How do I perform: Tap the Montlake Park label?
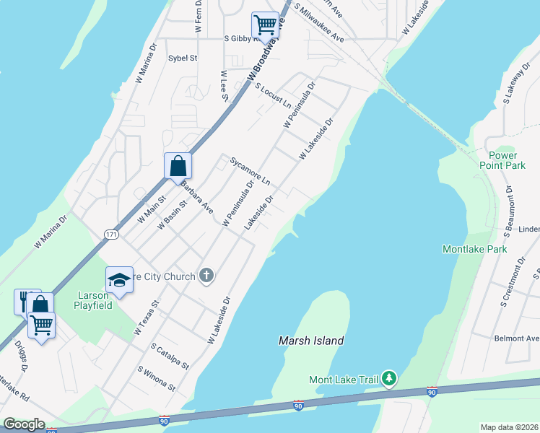pyautogui.click(x=474, y=249)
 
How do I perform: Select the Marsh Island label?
pyautogui.click(x=311, y=341)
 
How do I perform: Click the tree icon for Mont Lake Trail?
pyautogui.click(x=389, y=378)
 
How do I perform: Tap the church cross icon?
pyautogui.click(x=206, y=275)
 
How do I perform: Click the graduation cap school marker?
pyautogui.click(x=120, y=279)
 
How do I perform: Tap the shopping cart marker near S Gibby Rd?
pyautogui.click(x=265, y=25)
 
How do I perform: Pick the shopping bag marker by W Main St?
pyautogui.click(x=178, y=166)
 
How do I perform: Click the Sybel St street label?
pyautogui.click(x=183, y=58)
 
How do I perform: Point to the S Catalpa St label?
pyautogui.click(x=170, y=357)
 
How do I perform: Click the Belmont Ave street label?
pyautogui.click(x=516, y=338)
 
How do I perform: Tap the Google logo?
pyautogui.click(x=24, y=424)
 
